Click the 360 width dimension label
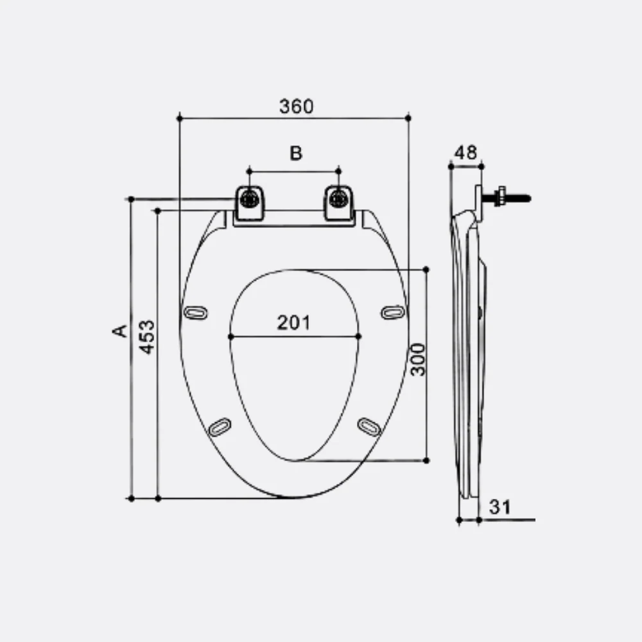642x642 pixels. tap(297, 107)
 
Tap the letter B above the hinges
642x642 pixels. tap(296, 153)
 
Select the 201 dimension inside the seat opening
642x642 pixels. tap(293, 323)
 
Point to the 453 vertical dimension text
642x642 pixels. tap(146, 337)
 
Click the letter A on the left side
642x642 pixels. tap(119, 331)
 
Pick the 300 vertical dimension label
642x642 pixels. tap(418, 360)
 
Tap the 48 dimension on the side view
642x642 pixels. tap(466, 153)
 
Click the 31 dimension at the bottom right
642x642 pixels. tap(500, 507)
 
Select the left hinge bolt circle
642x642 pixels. tap(249, 199)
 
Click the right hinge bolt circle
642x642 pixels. tap(338, 199)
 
